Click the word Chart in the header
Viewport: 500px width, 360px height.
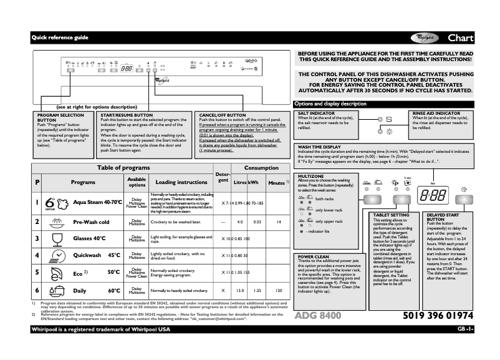pyautogui.click(x=460, y=38)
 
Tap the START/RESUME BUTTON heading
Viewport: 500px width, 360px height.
pyautogui.click(x=126, y=115)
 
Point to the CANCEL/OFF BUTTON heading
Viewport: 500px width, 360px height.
pyautogui.click(x=223, y=115)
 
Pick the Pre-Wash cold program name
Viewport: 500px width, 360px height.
pyautogui.click(x=91, y=222)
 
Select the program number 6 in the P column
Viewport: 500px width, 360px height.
pyautogui.click(x=37, y=291)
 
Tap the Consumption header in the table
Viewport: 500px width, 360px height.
pyautogui.click(x=261, y=168)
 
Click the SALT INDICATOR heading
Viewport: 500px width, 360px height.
pyautogui.click(x=317, y=114)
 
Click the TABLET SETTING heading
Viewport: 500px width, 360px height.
pyautogui.click(x=391, y=215)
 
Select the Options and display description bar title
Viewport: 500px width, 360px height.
pyautogui.click(x=330, y=104)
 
